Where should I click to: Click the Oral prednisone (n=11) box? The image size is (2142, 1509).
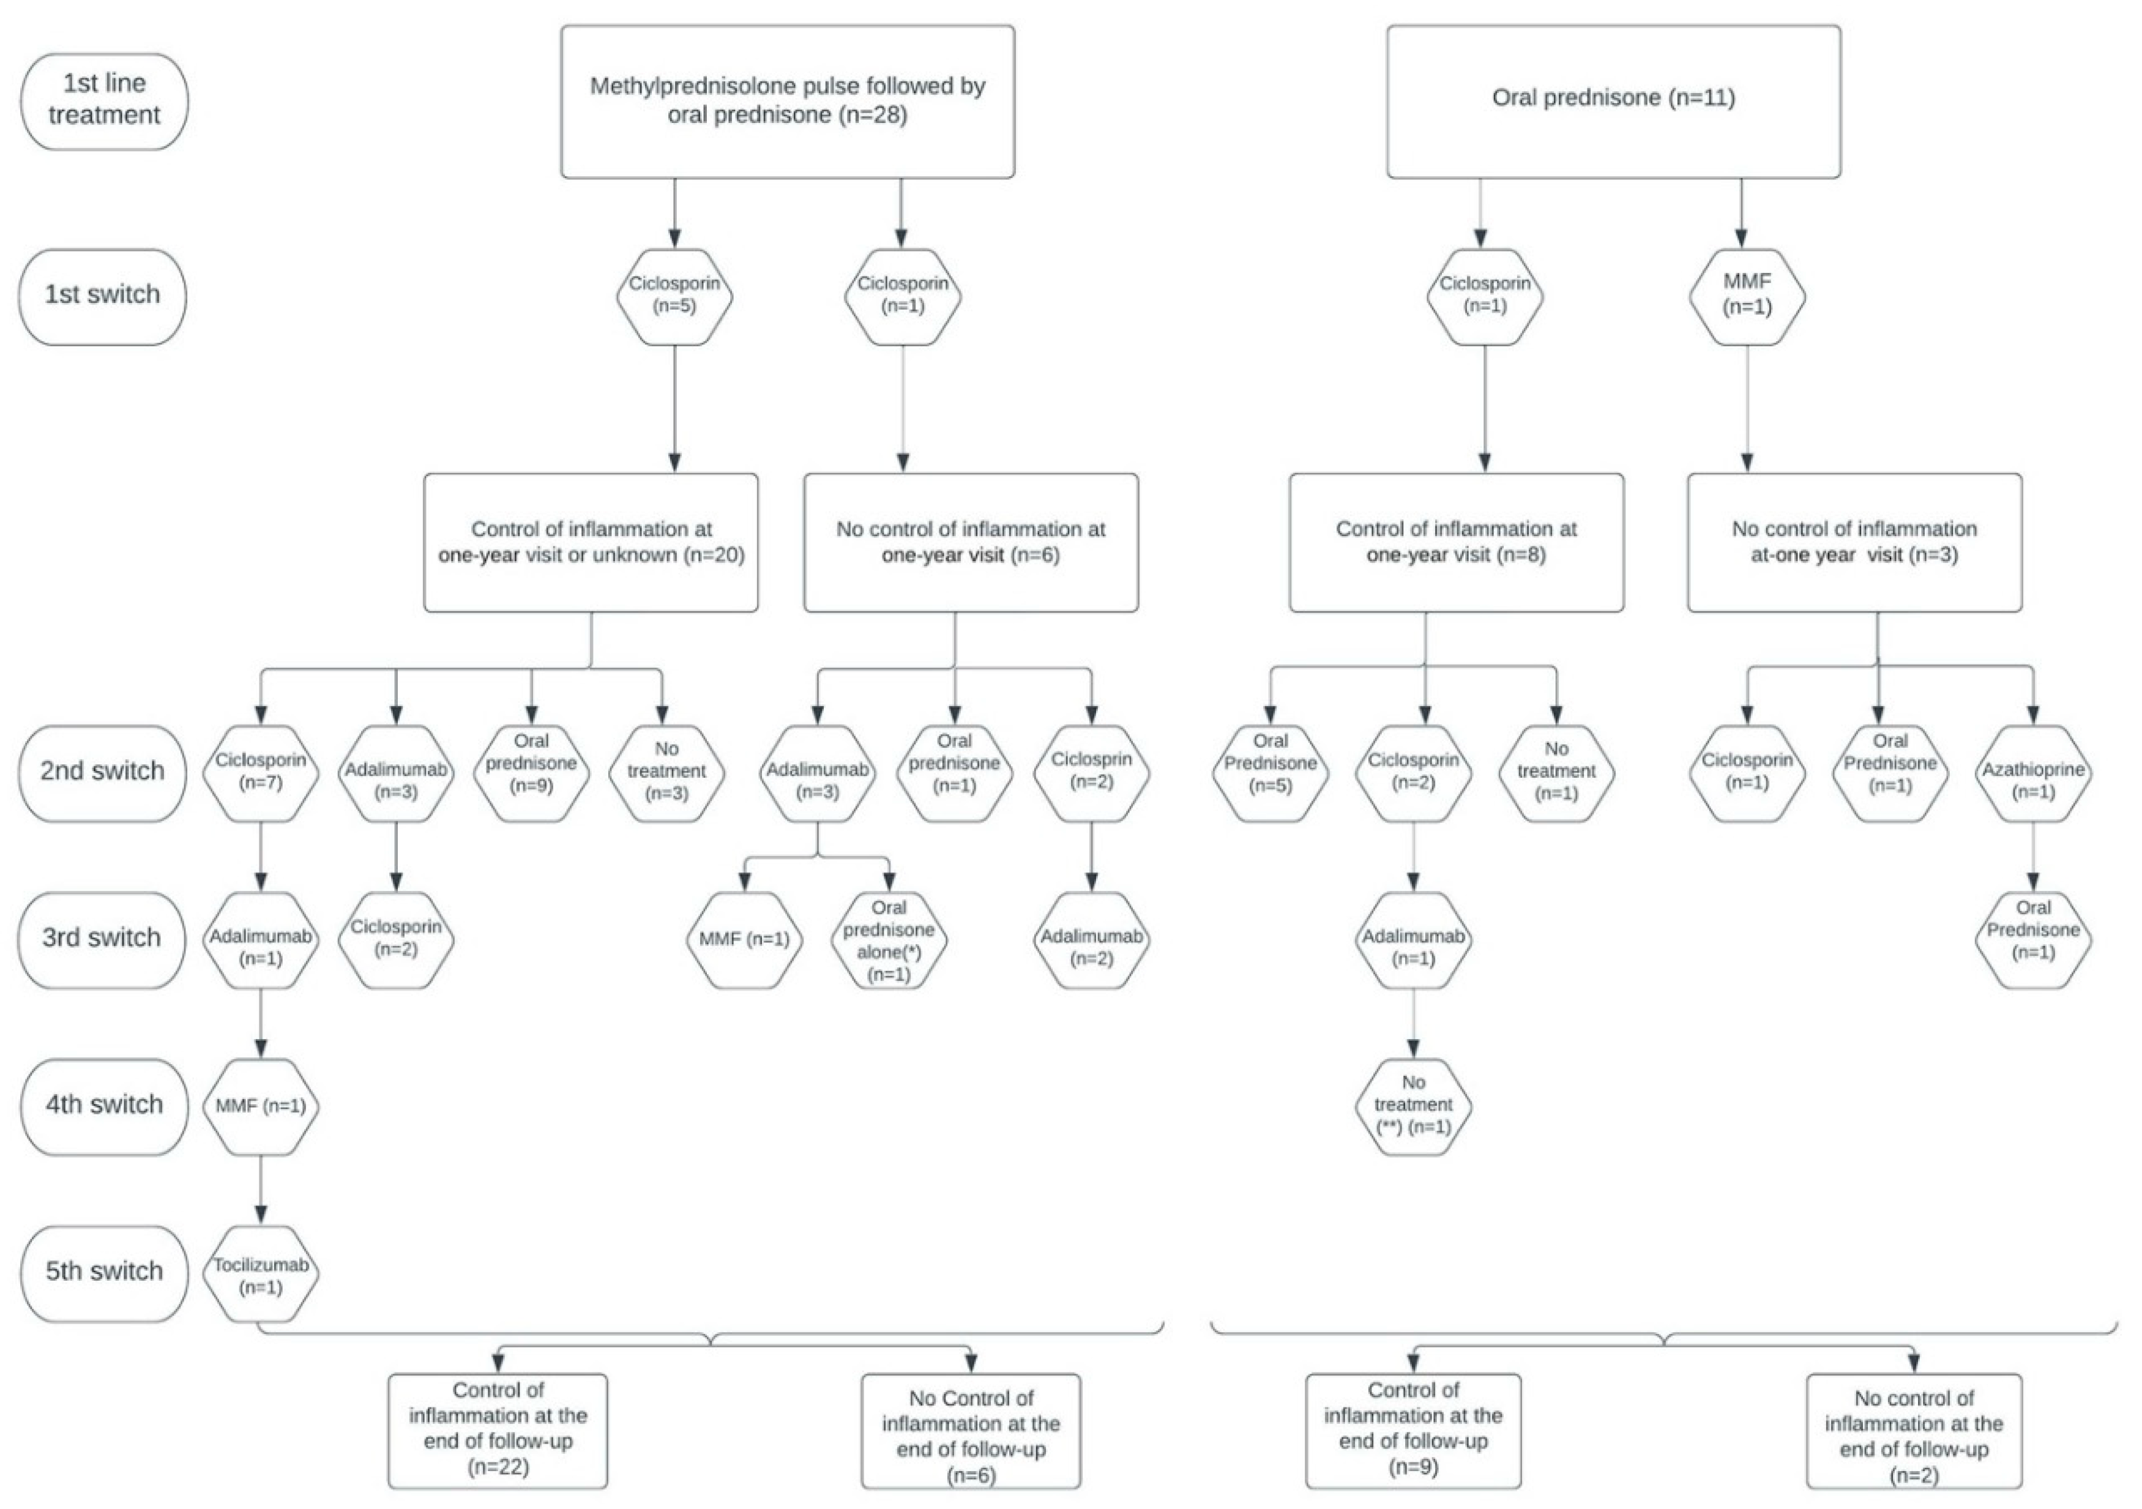tap(1613, 101)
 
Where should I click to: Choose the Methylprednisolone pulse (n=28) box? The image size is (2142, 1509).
tap(788, 101)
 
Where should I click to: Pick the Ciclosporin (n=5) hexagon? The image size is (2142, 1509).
tap(674, 296)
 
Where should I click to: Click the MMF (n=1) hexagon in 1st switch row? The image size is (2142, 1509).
tap(1747, 296)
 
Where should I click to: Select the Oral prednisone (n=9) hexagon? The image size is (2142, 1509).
tap(532, 772)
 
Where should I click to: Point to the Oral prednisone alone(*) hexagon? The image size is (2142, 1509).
tap(889, 940)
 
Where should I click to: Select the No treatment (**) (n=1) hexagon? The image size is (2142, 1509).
tap(1412, 1106)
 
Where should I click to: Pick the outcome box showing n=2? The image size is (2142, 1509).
tap(1914, 1429)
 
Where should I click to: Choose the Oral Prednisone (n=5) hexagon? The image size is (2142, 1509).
tap(1271, 772)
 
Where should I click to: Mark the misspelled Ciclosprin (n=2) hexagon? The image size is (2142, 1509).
tap(1092, 772)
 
